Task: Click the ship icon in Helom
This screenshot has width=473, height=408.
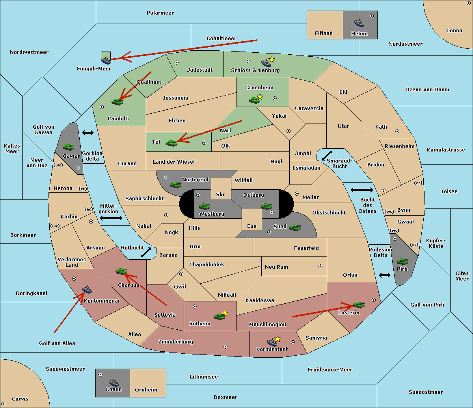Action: point(359,23)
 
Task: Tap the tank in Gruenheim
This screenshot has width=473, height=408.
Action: point(254,100)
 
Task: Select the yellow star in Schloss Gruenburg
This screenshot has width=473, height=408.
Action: point(272,60)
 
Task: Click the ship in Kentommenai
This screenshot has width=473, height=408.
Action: point(87,289)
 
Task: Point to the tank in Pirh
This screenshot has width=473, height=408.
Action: point(402,261)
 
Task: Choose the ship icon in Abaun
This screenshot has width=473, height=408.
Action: point(114,382)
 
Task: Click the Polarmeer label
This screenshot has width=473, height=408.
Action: point(160,13)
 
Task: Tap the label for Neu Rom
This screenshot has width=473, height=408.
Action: point(276,267)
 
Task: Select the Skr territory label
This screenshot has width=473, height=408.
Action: point(220,194)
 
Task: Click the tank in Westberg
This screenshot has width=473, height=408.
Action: point(204,206)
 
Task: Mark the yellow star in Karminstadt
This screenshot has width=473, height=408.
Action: point(277,338)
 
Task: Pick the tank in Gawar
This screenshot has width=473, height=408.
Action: point(68,147)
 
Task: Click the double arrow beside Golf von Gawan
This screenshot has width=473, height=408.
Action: point(88,133)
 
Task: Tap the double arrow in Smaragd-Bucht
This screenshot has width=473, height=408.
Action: point(327,155)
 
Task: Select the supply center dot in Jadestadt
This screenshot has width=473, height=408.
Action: point(177,63)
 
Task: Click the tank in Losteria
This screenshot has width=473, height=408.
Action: point(359,305)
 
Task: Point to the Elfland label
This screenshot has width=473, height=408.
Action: point(324,33)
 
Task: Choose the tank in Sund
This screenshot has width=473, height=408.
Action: point(295,227)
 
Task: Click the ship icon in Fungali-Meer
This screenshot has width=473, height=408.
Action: point(106,60)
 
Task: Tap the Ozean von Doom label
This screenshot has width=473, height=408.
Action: point(427,90)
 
